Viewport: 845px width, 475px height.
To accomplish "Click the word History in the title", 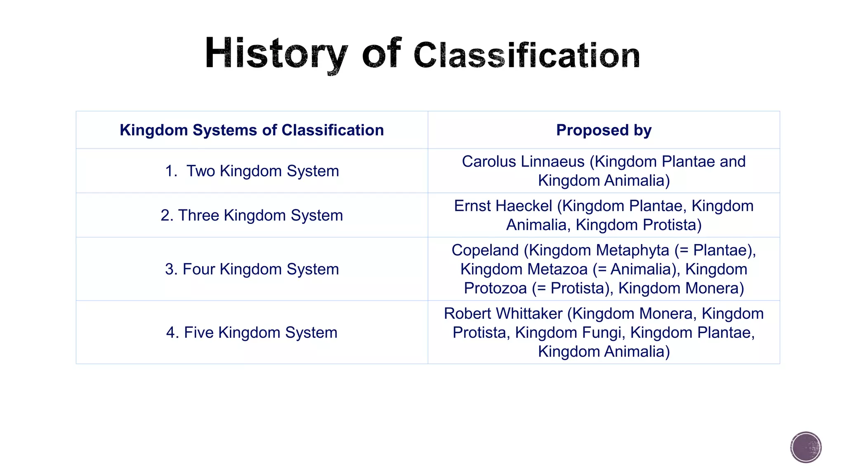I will tap(276, 54).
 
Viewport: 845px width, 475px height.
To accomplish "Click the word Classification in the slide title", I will tap(526, 56).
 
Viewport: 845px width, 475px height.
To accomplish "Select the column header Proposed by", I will tap(604, 130).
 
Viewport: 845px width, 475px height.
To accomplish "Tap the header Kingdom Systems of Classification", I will tap(252, 130).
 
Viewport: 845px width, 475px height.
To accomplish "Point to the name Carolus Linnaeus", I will tap(523, 162).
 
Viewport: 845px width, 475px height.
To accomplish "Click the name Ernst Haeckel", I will tap(503, 206).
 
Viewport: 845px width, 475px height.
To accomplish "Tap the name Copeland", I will tap(485, 250).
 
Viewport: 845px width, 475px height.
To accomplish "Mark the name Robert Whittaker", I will tap(503, 314).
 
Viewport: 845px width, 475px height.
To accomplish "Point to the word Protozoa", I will tap(495, 288).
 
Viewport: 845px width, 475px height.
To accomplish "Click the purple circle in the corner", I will tap(806, 447).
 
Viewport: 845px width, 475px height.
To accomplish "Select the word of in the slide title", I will tap(381, 54).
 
